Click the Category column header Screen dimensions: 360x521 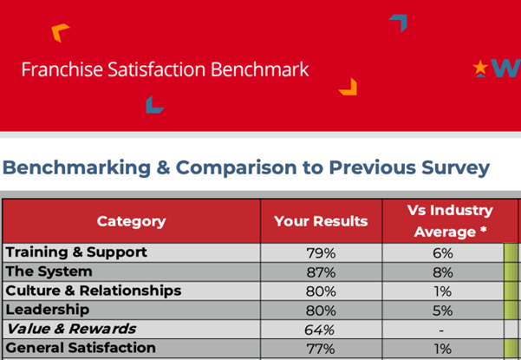pos(131,221)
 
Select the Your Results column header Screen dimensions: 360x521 pos(321,221)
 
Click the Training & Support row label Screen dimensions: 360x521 pos(76,252)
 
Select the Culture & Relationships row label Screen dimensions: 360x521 pos(94,291)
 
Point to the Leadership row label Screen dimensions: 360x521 pos(47,310)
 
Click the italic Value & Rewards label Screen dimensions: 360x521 pos(71,329)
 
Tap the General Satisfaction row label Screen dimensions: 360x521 pos(81,348)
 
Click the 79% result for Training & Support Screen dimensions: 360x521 pos(321,252)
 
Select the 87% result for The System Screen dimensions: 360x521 pos(321,272)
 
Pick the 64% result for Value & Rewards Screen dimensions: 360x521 pos(321,329)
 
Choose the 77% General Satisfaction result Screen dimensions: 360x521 pos(321,348)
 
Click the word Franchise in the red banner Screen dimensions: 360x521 pos(54,69)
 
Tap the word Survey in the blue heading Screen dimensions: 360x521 pos(453,167)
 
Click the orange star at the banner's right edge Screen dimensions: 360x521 pos(479,67)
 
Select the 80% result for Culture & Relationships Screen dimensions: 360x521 pos(321,291)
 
